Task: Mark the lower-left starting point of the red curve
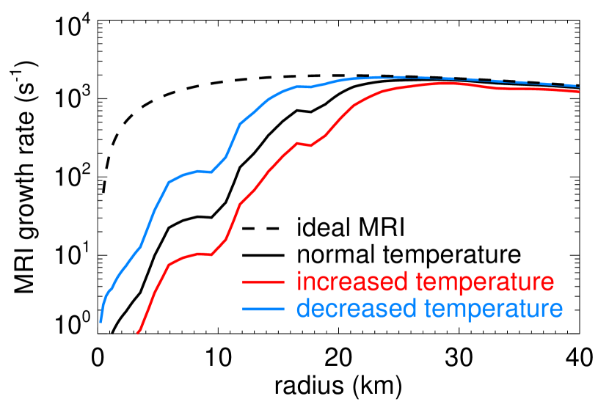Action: (x=137, y=333)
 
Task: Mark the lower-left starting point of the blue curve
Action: (x=101, y=321)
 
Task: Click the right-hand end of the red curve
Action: (x=578, y=92)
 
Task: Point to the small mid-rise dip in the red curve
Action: (x=311, y=146)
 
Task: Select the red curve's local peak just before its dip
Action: (x=296, y=143)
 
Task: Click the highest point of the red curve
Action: (x=446, y=83)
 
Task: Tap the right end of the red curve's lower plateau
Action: (x=211, y=254)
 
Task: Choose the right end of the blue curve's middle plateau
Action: (x=211, y=172)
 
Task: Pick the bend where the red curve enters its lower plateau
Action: (x=169, y=264)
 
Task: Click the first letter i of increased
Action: (x=299, y=282)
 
